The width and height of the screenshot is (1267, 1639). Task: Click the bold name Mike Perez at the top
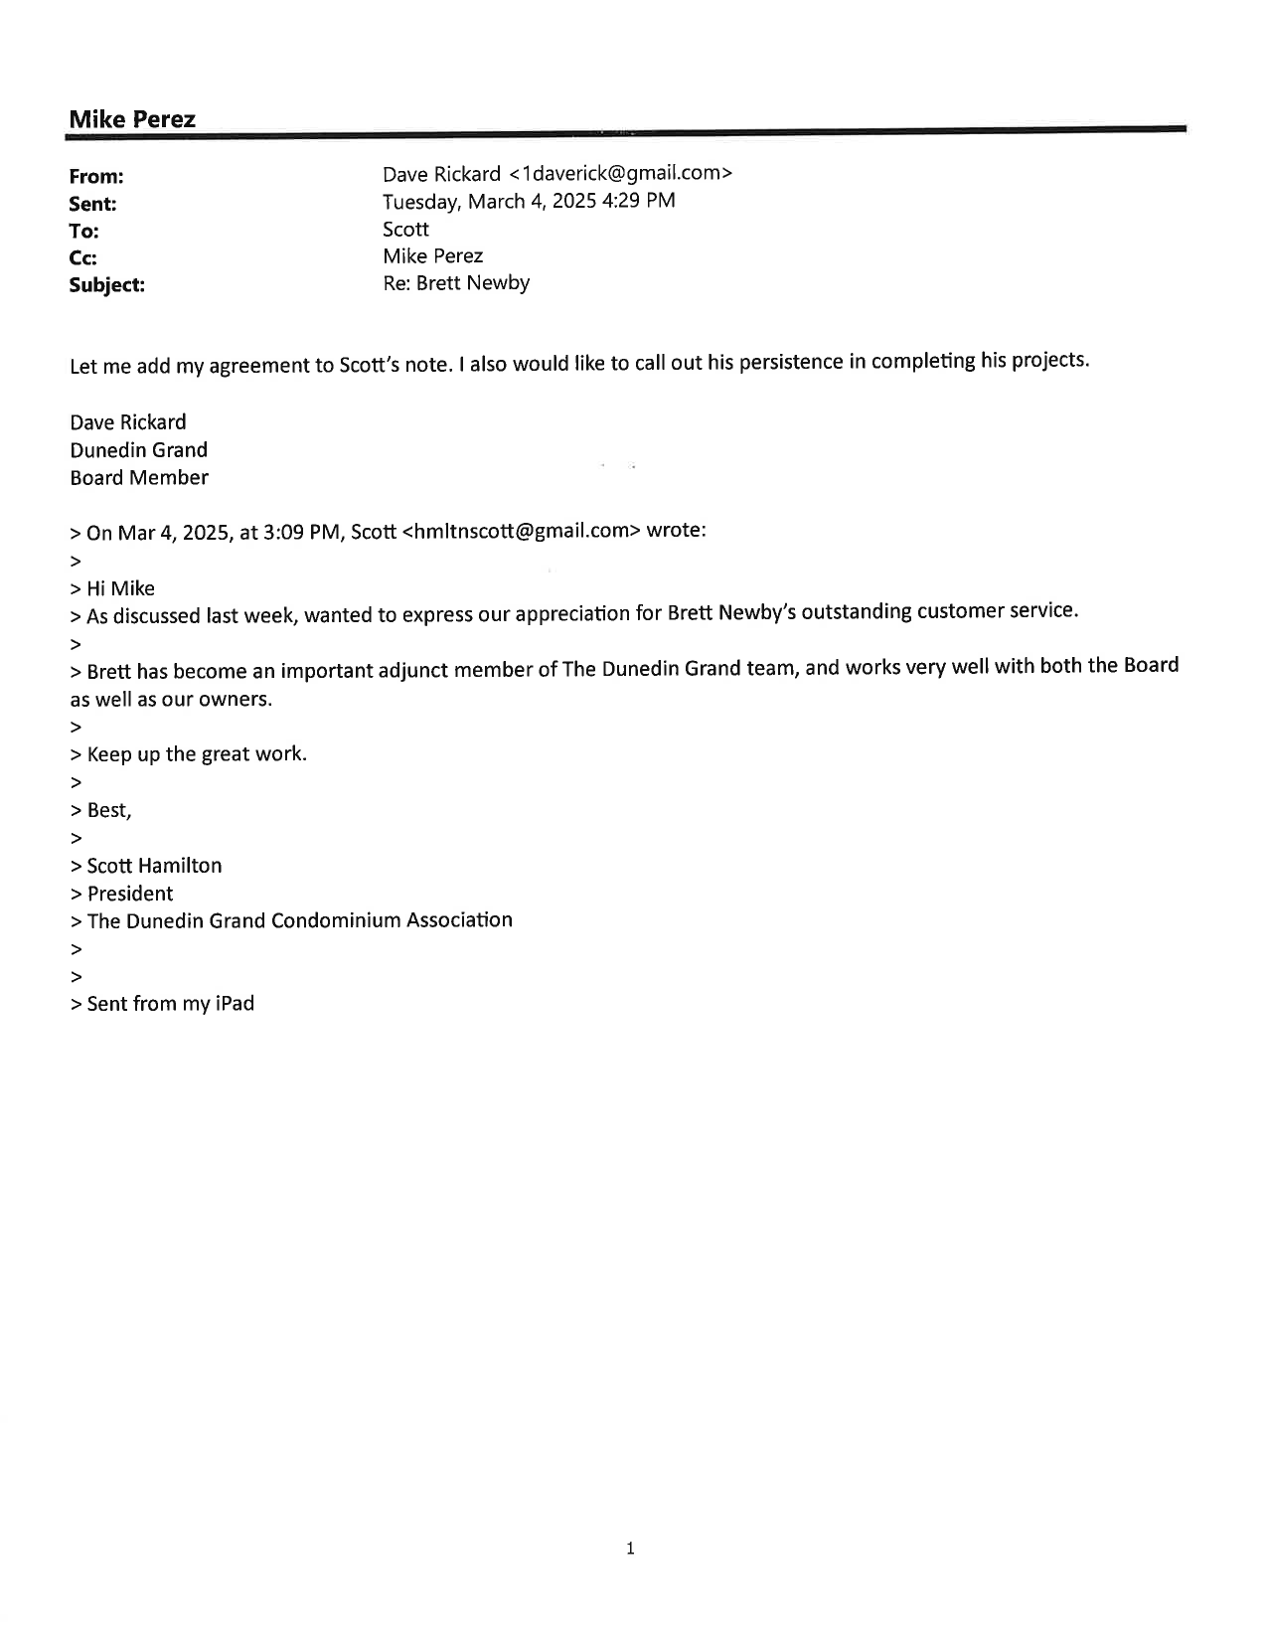point(132,119)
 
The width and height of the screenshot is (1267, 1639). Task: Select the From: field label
point(96,177)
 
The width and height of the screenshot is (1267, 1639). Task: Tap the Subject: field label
point(106,285)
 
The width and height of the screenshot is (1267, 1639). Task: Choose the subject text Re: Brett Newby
point(456,283)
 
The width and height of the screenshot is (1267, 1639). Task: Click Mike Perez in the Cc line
point(432,256)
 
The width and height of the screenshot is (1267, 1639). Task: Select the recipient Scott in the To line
point(405,230)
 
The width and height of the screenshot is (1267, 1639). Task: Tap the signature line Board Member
point(139,478)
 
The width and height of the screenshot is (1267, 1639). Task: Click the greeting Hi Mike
point(120,588)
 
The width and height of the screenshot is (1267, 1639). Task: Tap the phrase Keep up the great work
point(197,754)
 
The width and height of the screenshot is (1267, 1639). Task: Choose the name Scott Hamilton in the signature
point(154,866)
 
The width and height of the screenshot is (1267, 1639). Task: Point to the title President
point(130,894)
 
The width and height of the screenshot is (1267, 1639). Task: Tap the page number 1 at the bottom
point(630,1548)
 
